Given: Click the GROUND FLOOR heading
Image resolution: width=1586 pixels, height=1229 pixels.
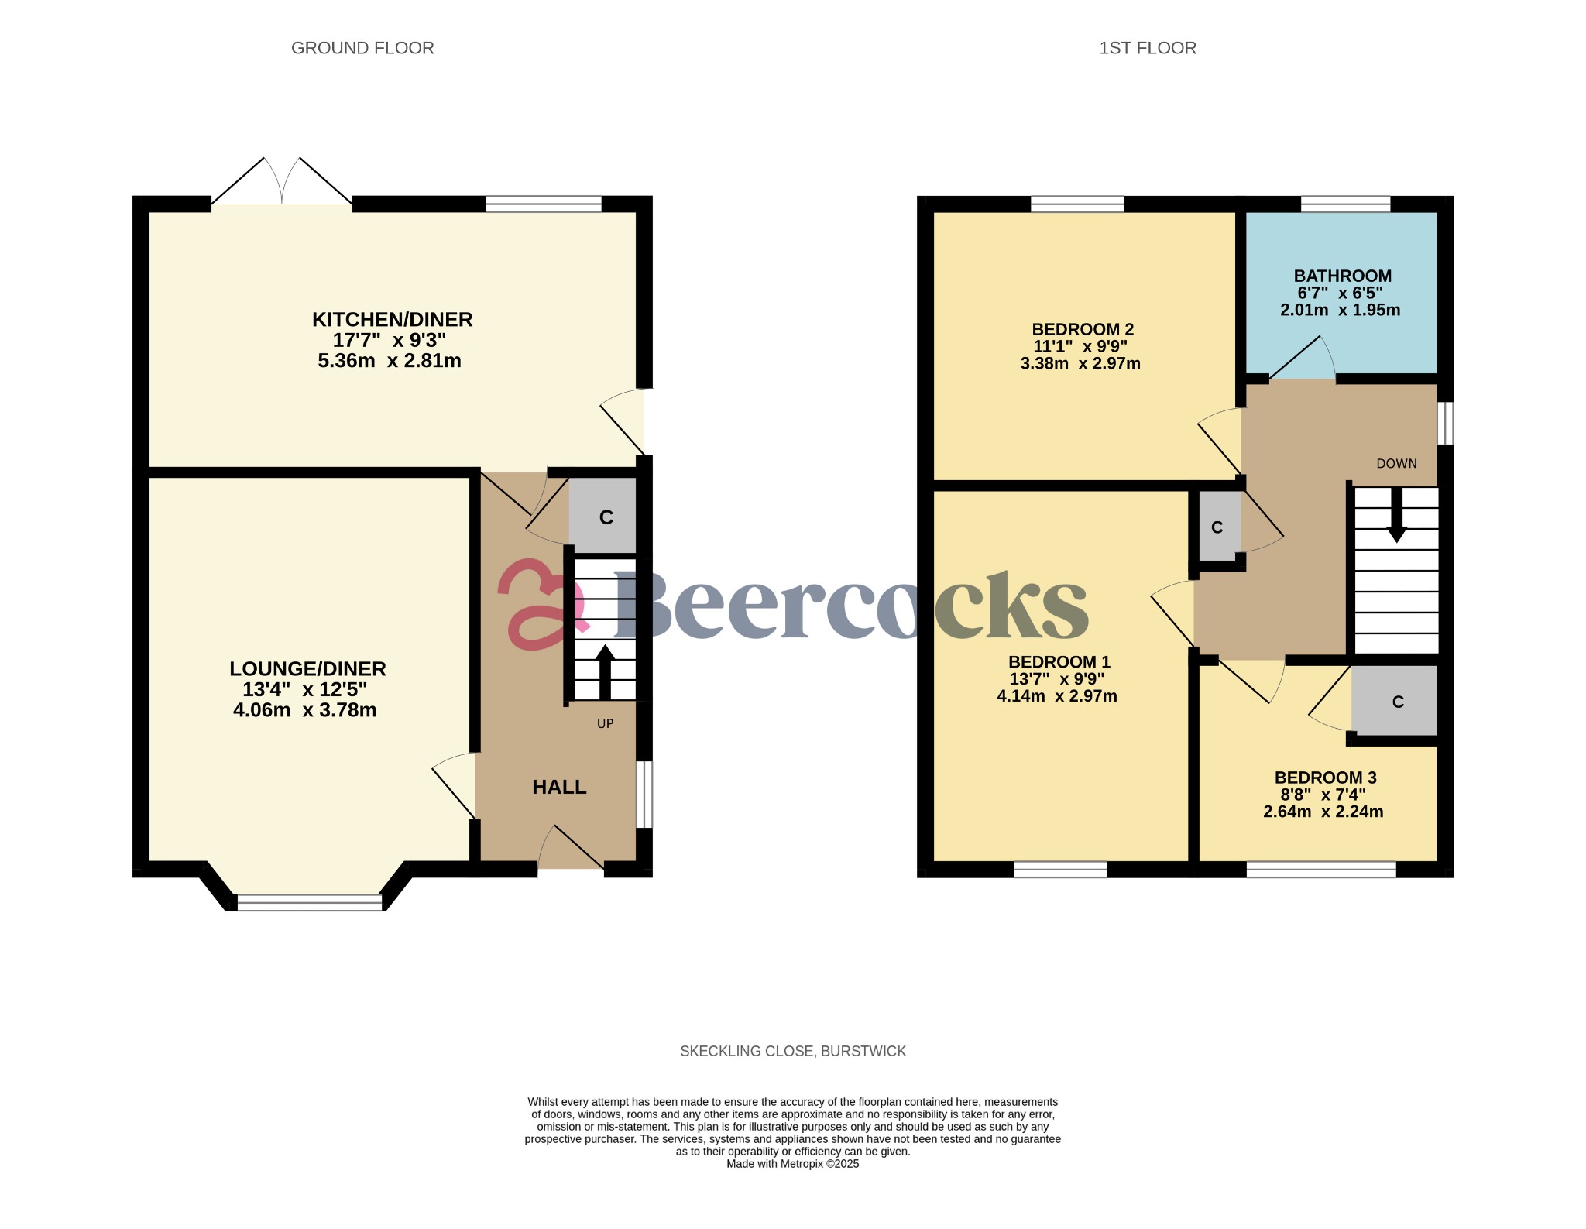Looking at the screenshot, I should (362, 48).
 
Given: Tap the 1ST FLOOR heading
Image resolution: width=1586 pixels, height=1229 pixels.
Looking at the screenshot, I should (1148, 48).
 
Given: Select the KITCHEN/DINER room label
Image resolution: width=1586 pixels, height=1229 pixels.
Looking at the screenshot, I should (392, 319).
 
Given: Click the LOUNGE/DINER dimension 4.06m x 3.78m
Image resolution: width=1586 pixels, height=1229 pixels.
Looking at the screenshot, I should (305, 710).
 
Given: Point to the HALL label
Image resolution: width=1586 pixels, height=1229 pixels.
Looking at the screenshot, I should (559, 787).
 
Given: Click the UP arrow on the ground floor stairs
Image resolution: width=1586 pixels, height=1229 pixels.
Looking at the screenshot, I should (605, 672).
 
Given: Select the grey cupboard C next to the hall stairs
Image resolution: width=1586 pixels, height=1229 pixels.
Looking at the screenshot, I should (605, 517).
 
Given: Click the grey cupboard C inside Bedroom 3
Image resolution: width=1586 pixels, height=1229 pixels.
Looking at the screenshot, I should (1396, 702).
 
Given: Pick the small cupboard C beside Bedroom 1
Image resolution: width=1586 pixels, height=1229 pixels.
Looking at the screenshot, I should (1217, 527).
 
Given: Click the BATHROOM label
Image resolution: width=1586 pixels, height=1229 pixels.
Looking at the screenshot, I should (1342, 276).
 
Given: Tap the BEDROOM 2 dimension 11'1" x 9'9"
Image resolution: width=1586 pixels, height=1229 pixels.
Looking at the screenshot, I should (1080, 346).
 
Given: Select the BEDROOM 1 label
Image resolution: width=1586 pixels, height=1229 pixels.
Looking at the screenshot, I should (1059, 661).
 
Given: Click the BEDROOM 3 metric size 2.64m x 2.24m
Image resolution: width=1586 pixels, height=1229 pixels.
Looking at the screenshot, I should (1323, 812).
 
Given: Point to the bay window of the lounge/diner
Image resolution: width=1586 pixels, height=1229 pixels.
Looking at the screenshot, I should (309, 902).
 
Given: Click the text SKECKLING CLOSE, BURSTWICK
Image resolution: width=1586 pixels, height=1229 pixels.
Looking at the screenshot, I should (793, 1051).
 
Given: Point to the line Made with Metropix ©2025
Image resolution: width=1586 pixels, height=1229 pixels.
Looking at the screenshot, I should (793, 1164).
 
